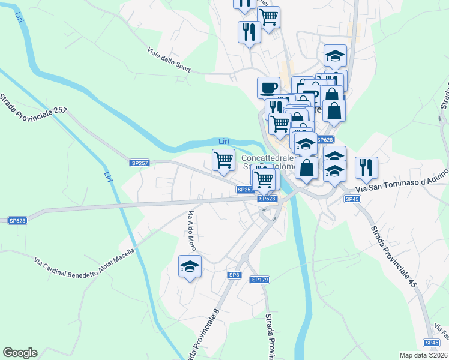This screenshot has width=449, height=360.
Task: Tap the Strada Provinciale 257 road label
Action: click(x=34, y=103)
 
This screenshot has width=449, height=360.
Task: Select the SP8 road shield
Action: click(x=234, y=275)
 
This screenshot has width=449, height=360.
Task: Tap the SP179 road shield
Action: click(x=259, y=280)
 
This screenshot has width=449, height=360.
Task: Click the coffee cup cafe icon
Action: click(x=268, y=88)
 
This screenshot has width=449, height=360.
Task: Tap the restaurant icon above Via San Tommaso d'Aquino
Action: click(x=366, y=167)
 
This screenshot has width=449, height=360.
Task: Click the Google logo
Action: click(x=20, y=353)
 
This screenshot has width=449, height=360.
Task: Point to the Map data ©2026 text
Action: click(x=423, y=355)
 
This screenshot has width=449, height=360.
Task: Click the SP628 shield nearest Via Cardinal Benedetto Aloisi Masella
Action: click(x=17, y=221)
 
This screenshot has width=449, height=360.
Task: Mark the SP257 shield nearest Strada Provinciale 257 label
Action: click(x=139, y=163)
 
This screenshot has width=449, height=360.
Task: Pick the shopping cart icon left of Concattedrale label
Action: click(x=223, y=160)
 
